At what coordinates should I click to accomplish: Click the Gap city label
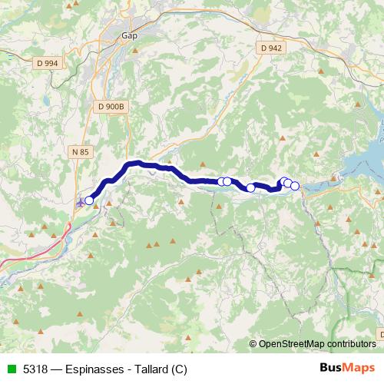coord(128,35)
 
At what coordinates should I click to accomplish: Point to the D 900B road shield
coord(111,107)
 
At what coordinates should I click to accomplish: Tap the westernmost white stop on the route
coord(89,200)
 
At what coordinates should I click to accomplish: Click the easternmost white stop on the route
coord(295,186)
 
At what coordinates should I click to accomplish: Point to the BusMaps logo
coord(346,368)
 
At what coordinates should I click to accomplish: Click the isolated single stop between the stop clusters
coord(250,187)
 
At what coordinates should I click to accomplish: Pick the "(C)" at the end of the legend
coord(179,369)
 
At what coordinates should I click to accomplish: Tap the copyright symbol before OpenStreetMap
coord(253,343)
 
